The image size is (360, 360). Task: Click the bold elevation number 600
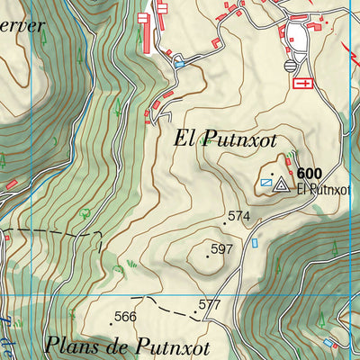pyautogui.click(x=309, y=175)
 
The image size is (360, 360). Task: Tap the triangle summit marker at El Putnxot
pyautogui.click(x=281, y=185)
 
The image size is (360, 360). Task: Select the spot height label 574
pyautogui.click(x=238, y=216)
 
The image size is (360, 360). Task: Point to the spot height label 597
pyautogui.click(x=222, y=248)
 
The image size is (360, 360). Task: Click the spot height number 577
pyautogui.click(x=210, y=305)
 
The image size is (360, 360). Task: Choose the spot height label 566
pyautogui.click(x=125, y=316)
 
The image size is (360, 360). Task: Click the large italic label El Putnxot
pyautogui.click(x=223, y=139)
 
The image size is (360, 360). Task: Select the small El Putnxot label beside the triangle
pyautogui.click(x=315, y=189)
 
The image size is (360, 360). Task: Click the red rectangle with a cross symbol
pyautogui.click(x=302, y=83)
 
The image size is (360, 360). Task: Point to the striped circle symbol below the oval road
pyautogui.click(x=290, y=66)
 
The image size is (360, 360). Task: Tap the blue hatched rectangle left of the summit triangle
pyautogui.click(x=265, y=183)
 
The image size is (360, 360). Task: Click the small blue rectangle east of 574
pyautogui.click(x=255, y=243)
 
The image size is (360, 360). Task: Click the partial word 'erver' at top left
pyautogui.click(x=20, y=25)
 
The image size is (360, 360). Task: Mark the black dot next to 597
pyautogui.click(x=208, y=256)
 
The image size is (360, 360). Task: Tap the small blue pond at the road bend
pyautogui.click(x=179, y=64)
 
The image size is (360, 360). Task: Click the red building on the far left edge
pyautogui.click(x=12, y=184)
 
